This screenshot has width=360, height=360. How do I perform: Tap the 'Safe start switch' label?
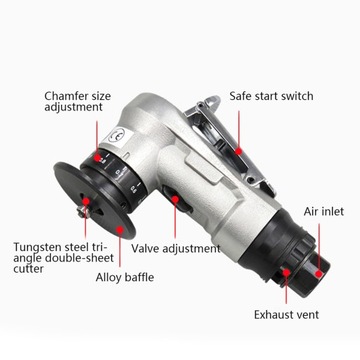(271, 96)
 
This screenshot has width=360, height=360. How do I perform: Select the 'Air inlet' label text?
(325, 212)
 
